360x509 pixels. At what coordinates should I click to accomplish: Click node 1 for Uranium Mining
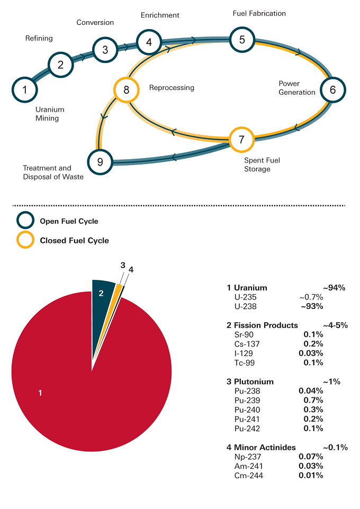click(x=25, y=89)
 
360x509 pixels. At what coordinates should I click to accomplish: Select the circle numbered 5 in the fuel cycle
click(x=242, y=40)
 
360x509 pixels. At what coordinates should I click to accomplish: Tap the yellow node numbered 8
click(x=127, y=89)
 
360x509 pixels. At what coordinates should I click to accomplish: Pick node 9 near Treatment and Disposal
click(x=100, y=162)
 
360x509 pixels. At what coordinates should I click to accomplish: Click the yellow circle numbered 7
click(x=241, y=140)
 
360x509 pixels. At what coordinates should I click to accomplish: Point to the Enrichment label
click(x=160, y=15)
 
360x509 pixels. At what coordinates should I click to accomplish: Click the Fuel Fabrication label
click(x=259, y=13)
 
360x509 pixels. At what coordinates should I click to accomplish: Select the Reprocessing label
click(x=172, y=88)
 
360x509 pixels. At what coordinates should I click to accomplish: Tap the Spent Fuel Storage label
click(x=262, y=165)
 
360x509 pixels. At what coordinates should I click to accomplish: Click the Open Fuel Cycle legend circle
click(x=25, y=221)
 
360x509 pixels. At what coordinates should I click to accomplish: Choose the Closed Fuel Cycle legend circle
click(x=25, y=240)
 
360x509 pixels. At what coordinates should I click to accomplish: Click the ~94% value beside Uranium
click(x=334, y=288)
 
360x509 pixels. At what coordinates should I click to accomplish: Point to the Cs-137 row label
click(x=247, y=344)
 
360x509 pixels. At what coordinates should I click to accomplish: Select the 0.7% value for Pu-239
click(x=313, y=400)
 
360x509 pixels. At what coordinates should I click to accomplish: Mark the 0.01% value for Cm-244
click(x=311, y=476)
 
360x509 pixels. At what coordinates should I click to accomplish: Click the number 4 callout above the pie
click(x=131, y=270)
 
